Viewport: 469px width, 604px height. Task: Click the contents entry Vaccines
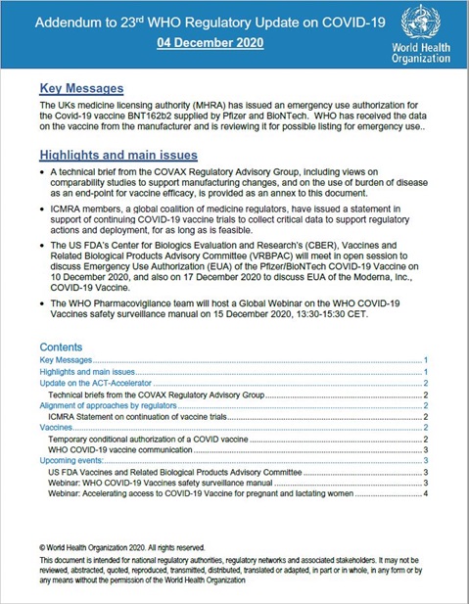(55, 427)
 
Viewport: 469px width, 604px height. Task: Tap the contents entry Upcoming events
(73, 460)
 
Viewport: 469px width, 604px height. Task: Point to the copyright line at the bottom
(121, 547)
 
